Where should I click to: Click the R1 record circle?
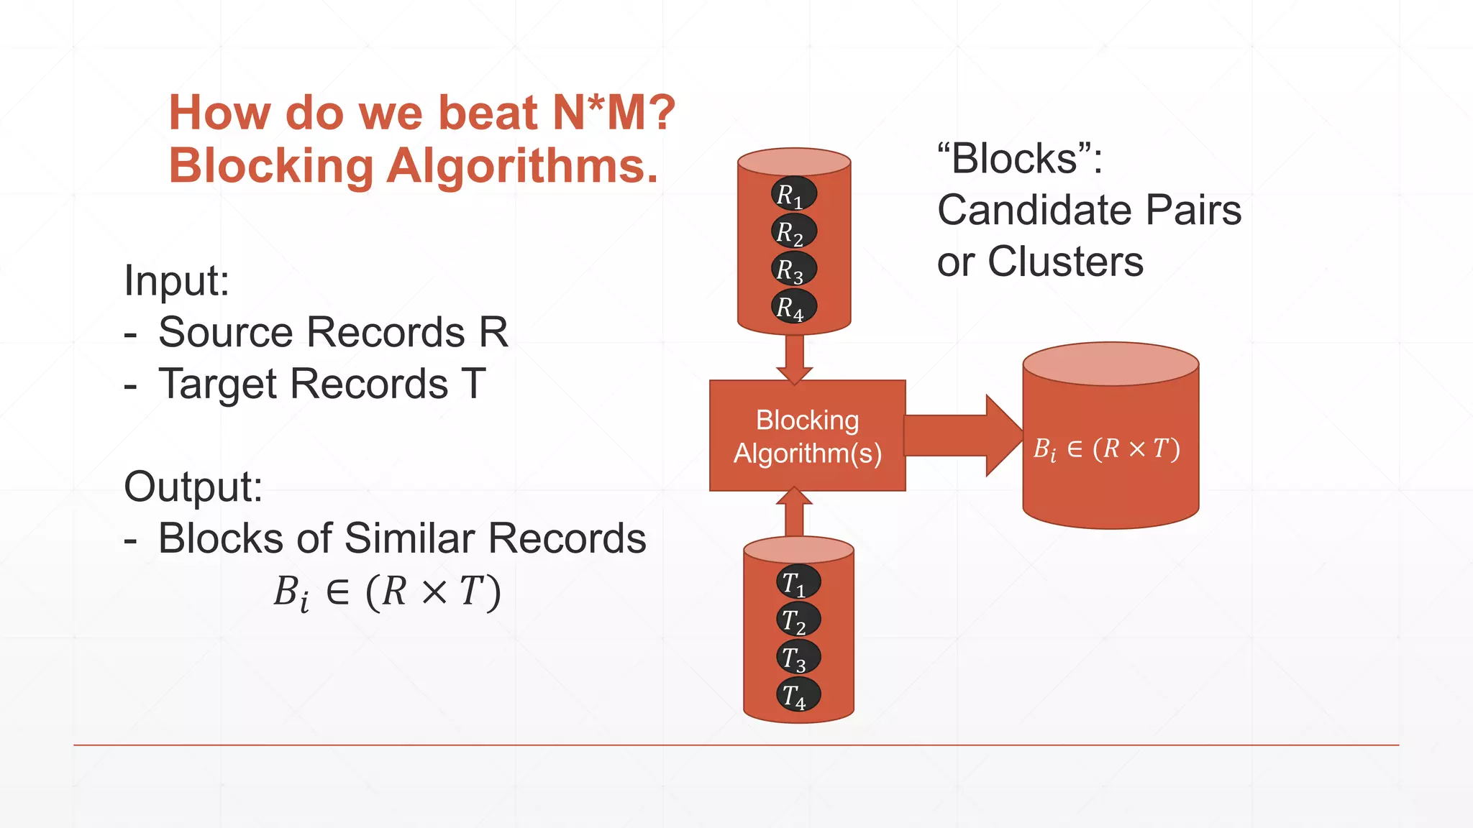[793, 194]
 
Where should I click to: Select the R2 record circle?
[793, 231]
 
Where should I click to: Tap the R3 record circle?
[793, 269]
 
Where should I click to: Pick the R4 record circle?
[793, 307]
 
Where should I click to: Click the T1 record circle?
[798, 582]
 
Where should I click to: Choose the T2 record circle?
[798, 620]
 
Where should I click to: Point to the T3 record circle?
[798, 657]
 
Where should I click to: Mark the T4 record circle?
[798, 695]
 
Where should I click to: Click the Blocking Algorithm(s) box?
[807, 436]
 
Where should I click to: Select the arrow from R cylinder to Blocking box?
[794, 358]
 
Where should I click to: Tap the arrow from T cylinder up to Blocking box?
[794, 512]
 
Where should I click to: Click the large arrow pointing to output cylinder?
[964, 436]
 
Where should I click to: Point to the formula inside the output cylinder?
[1106, 449]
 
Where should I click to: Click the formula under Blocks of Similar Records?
[387, 592]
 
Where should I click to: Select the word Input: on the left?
[176, 280]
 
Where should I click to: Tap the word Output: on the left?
[193, 487]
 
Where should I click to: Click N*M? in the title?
[614, 113]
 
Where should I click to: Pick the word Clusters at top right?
[1065, 262]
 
